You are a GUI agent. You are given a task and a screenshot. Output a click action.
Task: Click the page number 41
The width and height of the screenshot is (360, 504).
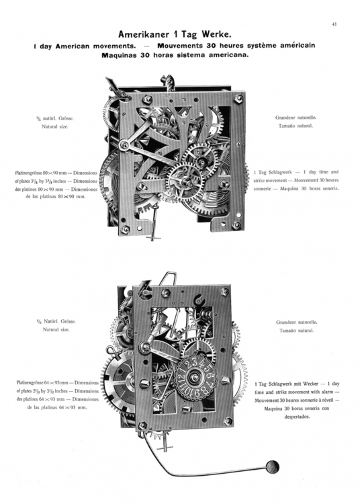click(333, 25)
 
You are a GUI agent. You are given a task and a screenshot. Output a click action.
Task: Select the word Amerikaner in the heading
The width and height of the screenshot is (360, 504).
click(144, 34)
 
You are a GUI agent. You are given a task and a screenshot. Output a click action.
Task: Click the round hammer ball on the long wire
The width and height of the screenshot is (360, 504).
click(272, 465)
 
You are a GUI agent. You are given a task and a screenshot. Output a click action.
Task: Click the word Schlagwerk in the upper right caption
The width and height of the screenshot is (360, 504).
click(284, 172)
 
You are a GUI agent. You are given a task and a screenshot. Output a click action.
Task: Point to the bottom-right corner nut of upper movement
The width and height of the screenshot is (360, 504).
click(236, 225)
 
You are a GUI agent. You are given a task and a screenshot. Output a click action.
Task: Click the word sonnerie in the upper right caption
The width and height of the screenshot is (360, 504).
click(267, 189)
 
